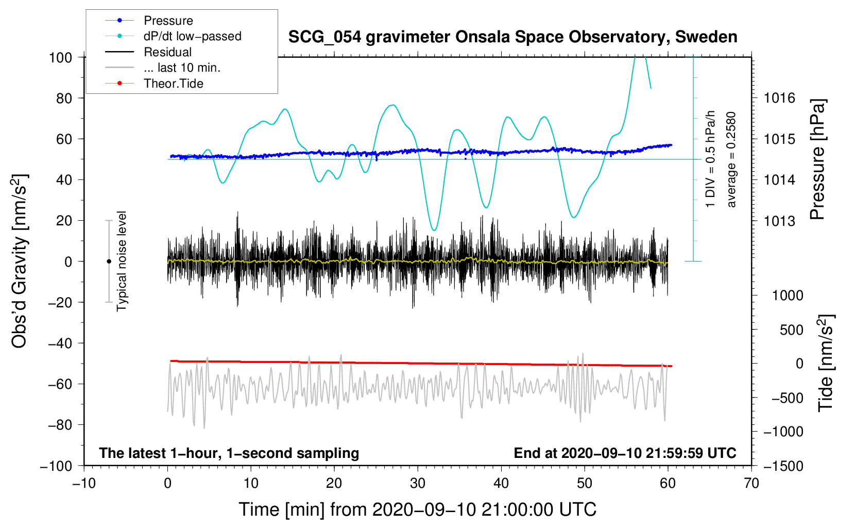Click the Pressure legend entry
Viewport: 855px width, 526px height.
tap(168, 21)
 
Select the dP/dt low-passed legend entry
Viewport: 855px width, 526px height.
tap(192, 36)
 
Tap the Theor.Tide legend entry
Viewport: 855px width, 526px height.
tap(173, 84)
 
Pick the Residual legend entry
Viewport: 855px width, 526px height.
tap(167, 52)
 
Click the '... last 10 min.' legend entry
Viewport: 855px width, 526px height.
tap(182, 68)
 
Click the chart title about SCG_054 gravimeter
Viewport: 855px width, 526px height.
tap(512, 37)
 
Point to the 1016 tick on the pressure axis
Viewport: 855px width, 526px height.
tap(779, 98)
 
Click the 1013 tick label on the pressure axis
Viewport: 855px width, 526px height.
tap(779, 221)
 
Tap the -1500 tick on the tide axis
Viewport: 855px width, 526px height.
tap(783, 466)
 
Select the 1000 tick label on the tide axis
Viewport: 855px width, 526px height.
tap(788, 295)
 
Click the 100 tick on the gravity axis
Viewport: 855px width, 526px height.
tap(60, 57)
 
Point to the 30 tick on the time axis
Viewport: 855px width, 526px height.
tap(418, 483)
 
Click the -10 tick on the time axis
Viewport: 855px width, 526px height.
tap(84, 483)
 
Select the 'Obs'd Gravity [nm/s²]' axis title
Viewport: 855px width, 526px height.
tap(20, 261)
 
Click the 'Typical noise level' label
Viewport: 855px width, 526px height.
tap(122, 261)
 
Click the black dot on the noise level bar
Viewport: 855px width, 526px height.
tap(109, 261)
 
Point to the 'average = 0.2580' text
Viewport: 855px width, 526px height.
tap(731, 160)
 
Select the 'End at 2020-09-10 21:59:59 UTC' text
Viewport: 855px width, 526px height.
tap(625, 453)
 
